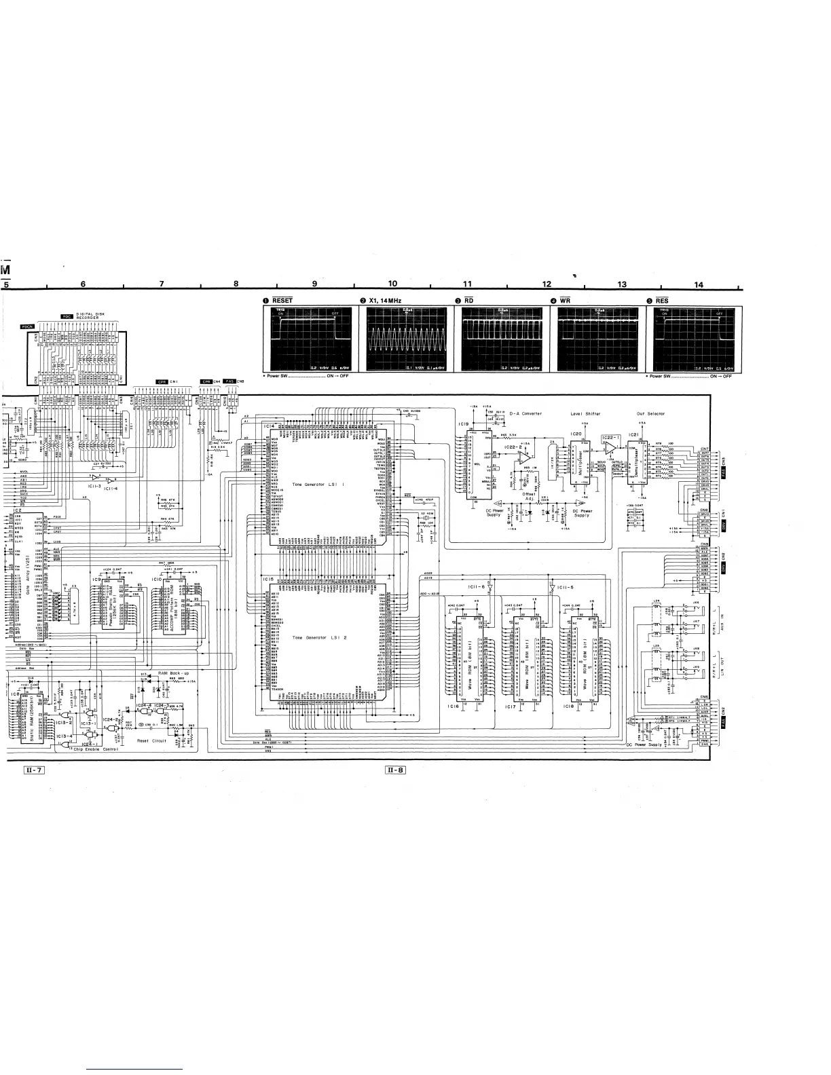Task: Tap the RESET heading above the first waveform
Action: pyautogui.click(x=282, y=300)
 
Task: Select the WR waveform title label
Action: pyautogui.click(x=568, y=300)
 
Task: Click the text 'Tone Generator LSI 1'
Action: pyautogui.click(x=318, y=485)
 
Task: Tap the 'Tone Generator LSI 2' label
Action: pyautogui.click(x=318, y=638)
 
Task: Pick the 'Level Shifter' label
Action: pyautogui.click(x=585, y=413)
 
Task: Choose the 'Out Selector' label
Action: pyautogui.click(x=650, y=413)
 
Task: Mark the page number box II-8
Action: pyautogui.click(x=395, y=770)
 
